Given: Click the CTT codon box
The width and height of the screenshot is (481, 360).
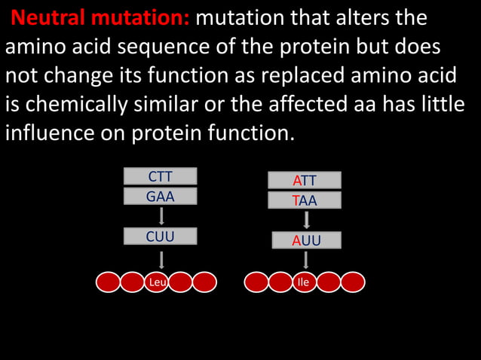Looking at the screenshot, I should pyautogui.click(x=160, y=177).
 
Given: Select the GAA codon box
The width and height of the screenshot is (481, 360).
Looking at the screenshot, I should pyautogui.click(x=160, y=197).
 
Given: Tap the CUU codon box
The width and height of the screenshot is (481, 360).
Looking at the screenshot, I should pyautogui.click(x=160, y=236).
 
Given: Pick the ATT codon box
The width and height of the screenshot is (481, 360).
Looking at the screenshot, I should pyautogui.click(x=305, y=181).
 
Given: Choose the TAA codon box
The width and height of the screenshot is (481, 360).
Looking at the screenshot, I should pyautogui.click(x=305, y=201).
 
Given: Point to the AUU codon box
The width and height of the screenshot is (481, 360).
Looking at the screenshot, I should pyautogui.click(x=306, y=241).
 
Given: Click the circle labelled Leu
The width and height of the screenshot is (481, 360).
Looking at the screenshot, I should pyautogui.click(x=157, y=282).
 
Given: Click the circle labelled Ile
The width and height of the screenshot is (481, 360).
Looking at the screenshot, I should pyautogui.click(x=304, y=282).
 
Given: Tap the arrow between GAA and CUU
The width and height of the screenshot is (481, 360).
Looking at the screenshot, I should pyautogui.click(x=161, y=216).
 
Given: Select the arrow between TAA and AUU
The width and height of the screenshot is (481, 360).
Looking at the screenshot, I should pyautogui.click(x=306, y=221).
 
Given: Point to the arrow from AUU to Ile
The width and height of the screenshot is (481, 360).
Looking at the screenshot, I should pyautogui.click(x=306, y=260).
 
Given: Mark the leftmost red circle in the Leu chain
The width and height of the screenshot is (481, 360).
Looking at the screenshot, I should pyautogui.click(x=109, y=282).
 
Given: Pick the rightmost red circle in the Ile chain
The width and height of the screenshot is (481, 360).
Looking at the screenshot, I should pyautogui.click(x=352, y=282).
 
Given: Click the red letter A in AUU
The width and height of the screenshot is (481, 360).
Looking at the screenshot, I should pyautogui.click(x=297, y=241).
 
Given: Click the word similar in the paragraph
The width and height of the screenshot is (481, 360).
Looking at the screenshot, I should pyautogui.click(x=185, y=105).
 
